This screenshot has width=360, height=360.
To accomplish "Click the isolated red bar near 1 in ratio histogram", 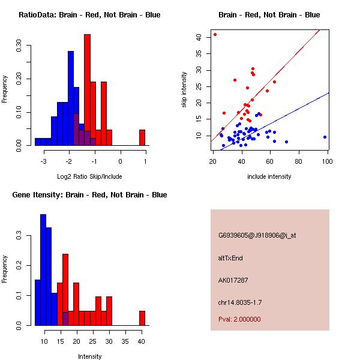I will (142, 137).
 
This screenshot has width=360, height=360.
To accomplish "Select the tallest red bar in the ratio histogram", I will (87, 90).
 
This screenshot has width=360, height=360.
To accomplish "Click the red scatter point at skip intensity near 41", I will (215, 34).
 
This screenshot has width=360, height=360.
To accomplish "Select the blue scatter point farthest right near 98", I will (325, 137).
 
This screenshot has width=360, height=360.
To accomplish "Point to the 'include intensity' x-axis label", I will (269, 176).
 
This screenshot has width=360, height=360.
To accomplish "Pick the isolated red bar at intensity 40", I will (142, 318).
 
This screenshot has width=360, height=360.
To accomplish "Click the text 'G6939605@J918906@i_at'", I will (257, 235).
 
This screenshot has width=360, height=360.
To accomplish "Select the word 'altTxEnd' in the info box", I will (230, 258).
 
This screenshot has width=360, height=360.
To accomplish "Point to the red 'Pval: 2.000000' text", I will (239, 319).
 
